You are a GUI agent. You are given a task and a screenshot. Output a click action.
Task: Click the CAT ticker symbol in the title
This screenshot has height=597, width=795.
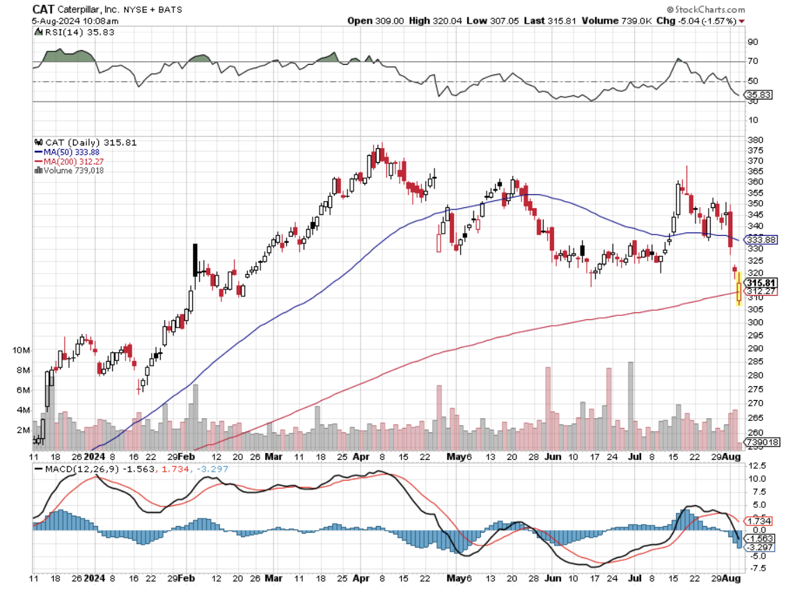[44, 10]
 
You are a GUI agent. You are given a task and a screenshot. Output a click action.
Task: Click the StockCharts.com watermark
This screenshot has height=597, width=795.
[705, 10]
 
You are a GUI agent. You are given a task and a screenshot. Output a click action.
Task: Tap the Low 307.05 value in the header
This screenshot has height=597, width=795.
[492, 21]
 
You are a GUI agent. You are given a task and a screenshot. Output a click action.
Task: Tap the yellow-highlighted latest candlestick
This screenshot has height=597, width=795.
[739, 289]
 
